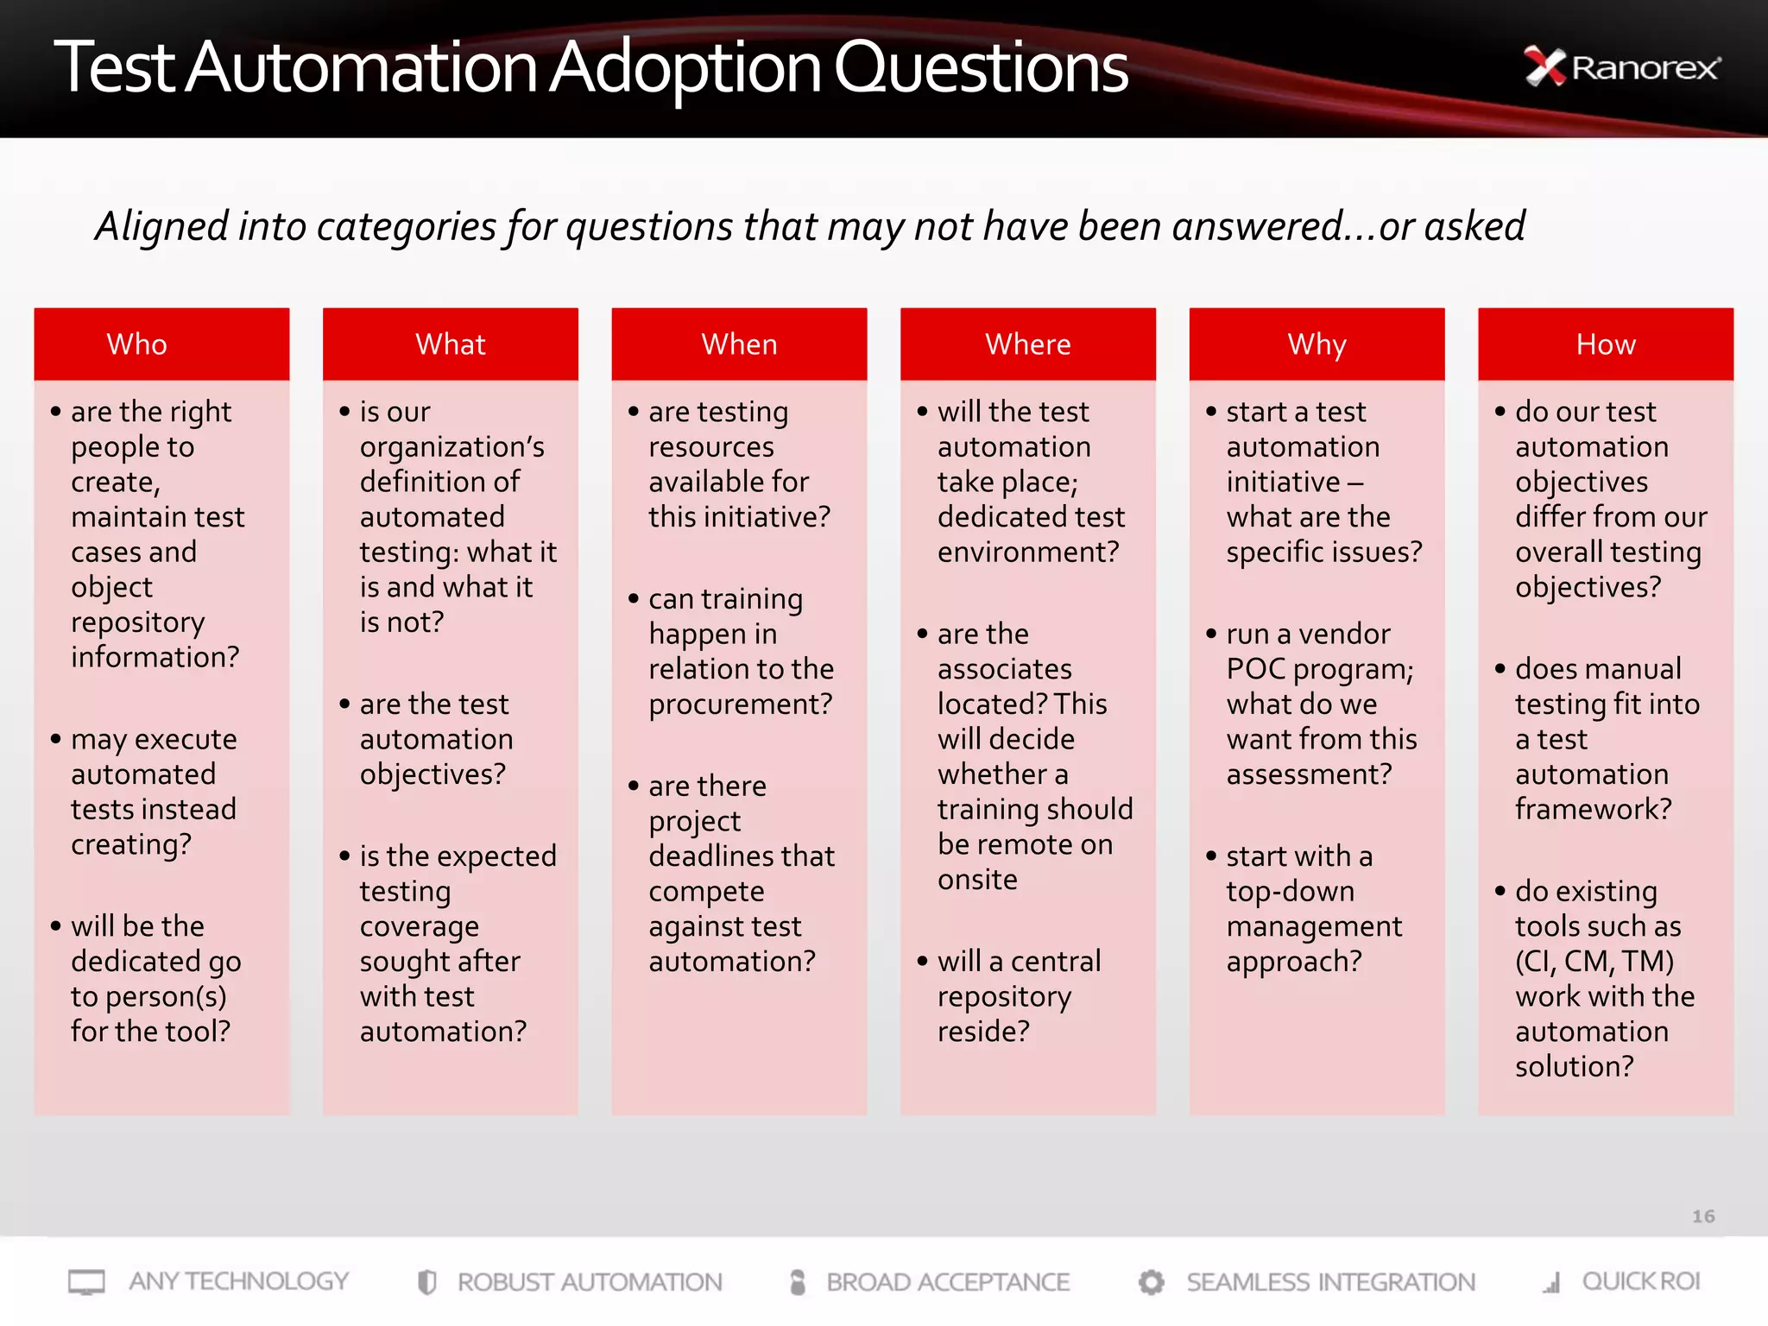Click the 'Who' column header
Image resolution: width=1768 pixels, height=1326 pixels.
[136, 344]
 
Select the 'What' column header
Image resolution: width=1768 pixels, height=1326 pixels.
[450, 344]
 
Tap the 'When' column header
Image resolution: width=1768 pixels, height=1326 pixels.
[739, 344]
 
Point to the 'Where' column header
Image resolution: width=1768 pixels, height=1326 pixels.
[1027, 344]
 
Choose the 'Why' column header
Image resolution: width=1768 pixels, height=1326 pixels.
[1317, 344]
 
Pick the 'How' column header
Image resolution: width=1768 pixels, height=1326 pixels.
[1605, 344]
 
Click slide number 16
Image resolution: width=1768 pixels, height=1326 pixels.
[1702, 1216]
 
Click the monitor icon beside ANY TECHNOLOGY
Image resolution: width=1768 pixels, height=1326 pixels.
[86, 1282]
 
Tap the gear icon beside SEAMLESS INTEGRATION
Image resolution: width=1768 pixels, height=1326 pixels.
[1151, 1282]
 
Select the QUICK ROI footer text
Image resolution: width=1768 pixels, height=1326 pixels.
[1640, 1281]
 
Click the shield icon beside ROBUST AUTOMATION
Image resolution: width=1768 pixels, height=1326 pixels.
[426, 1282]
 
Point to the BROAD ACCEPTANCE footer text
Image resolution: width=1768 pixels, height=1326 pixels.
[947, 1282]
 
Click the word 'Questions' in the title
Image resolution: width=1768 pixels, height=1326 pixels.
[980, 69]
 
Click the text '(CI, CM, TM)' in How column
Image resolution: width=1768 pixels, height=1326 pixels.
[1594, 961]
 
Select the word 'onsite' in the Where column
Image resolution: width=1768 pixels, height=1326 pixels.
[977, 880]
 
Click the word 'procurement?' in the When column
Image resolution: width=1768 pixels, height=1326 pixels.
[740, 704]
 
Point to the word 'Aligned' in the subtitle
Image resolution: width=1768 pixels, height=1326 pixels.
[162, 226]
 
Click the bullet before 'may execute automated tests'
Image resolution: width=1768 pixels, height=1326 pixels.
[56, 739]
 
